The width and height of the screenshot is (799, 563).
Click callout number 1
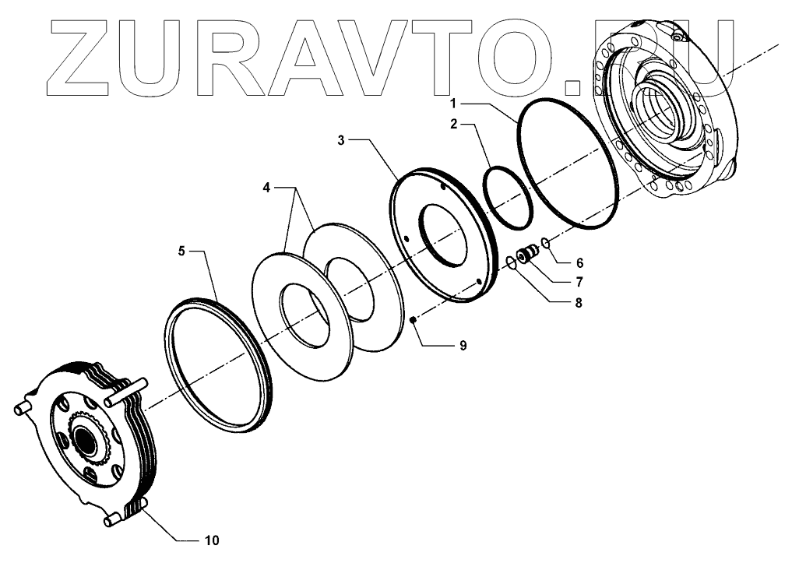(x=453, y=104)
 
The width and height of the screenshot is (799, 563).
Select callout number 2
(x=453, y=124)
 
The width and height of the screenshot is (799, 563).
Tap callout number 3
(x=341, y=140)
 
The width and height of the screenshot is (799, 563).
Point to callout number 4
(x=266, y=188)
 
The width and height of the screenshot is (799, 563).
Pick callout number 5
(x=181, y=251)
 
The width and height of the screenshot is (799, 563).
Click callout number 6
(x=579, y=263)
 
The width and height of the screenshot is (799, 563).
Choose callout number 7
(x=579, y=282)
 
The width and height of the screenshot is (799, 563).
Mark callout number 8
(x=578, y=303)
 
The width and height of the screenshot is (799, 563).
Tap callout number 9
(x=463, y=346)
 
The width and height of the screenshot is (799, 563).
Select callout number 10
(x=212, y=540)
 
